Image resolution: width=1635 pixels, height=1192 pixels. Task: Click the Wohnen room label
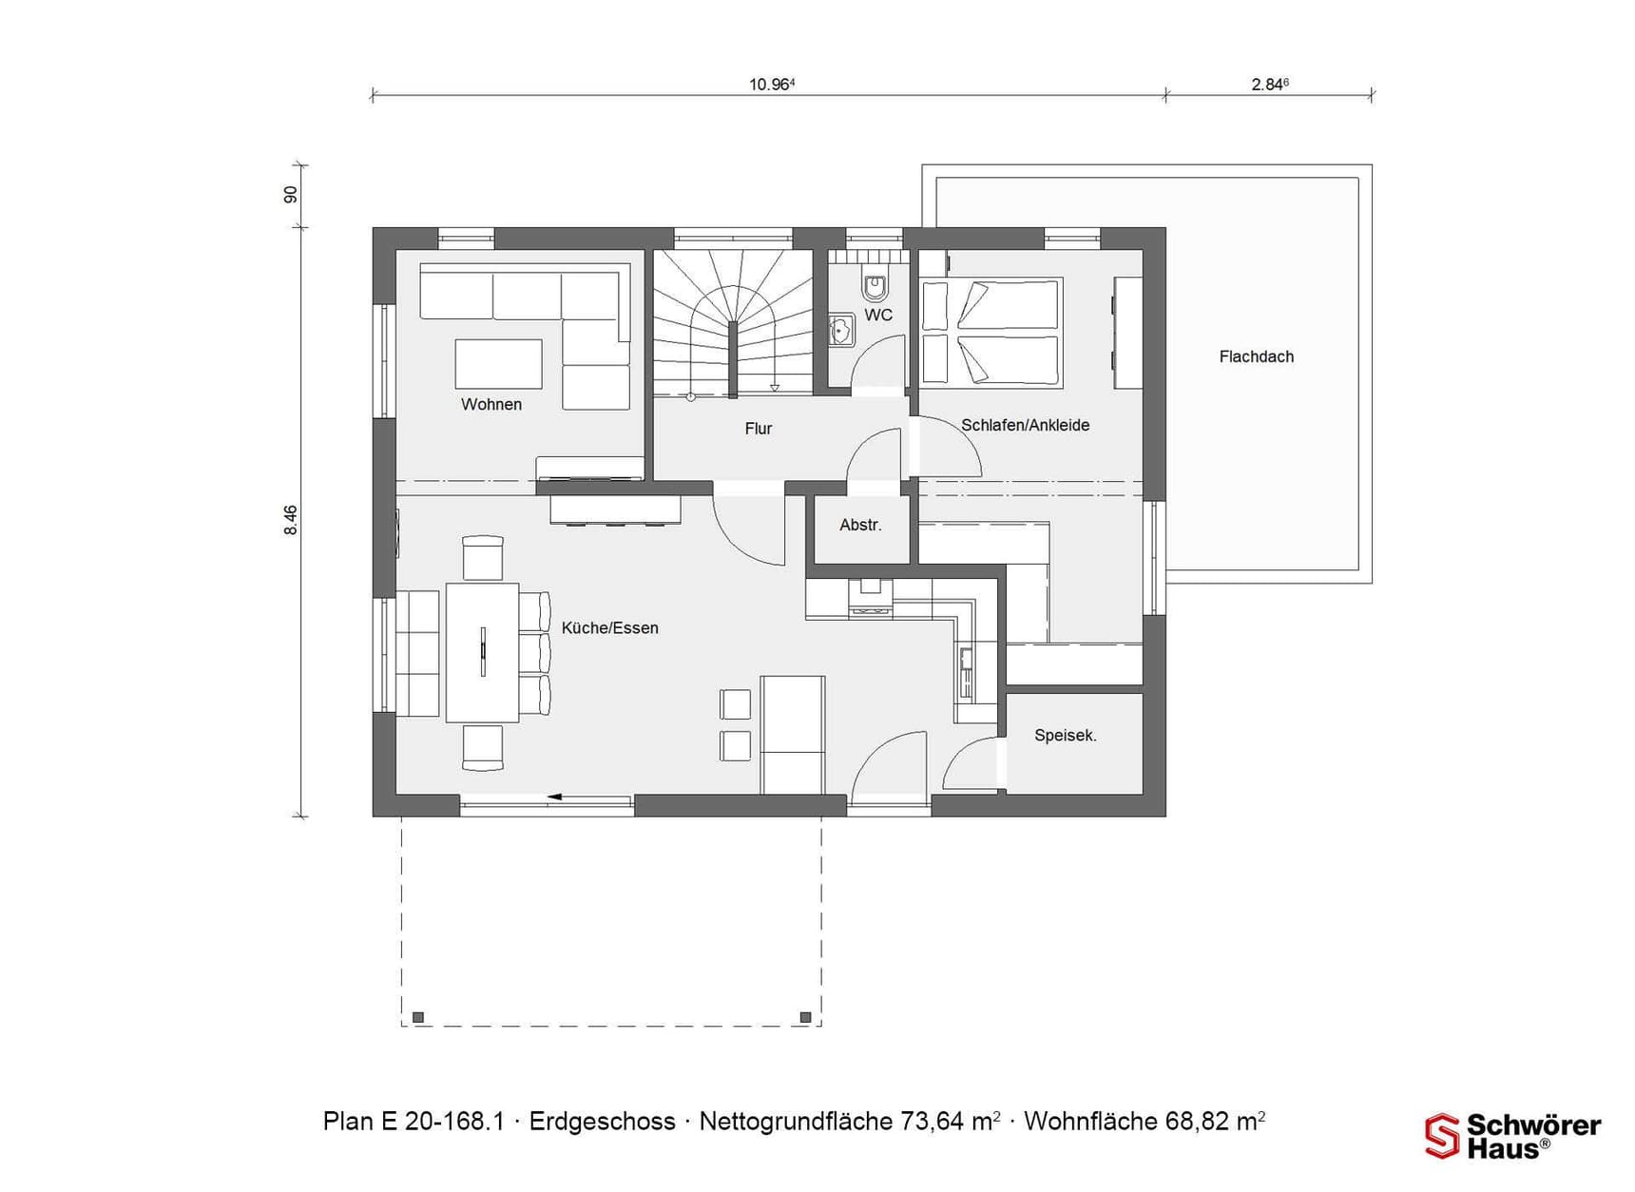[491, 404]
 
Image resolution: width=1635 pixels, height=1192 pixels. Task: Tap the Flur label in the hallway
[759, 429]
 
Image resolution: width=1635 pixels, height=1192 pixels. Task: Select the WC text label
[878, 315]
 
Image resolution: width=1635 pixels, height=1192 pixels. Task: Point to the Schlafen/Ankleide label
[1026, 425]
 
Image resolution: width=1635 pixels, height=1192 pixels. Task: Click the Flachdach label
[1257, 356]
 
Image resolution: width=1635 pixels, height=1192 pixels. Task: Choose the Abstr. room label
[861, 525]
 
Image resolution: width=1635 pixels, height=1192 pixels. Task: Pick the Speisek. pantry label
[1066, 735]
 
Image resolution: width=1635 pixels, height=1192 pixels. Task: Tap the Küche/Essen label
[610, 627]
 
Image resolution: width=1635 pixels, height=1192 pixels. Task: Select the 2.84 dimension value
[1270, 84]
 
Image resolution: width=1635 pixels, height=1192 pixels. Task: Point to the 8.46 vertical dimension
[291, 520]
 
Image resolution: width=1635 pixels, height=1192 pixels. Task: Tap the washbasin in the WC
[841, 331]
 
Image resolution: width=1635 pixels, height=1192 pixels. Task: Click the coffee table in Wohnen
[498, 364]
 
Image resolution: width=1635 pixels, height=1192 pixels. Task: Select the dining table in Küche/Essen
[483, 652]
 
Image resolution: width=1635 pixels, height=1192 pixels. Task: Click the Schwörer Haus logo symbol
[1442, 1136]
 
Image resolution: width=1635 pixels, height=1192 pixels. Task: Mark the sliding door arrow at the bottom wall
[589, 797]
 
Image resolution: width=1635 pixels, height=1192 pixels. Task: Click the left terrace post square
[418, 1017]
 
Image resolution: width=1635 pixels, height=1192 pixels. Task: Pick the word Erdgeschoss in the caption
[603, 1122]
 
